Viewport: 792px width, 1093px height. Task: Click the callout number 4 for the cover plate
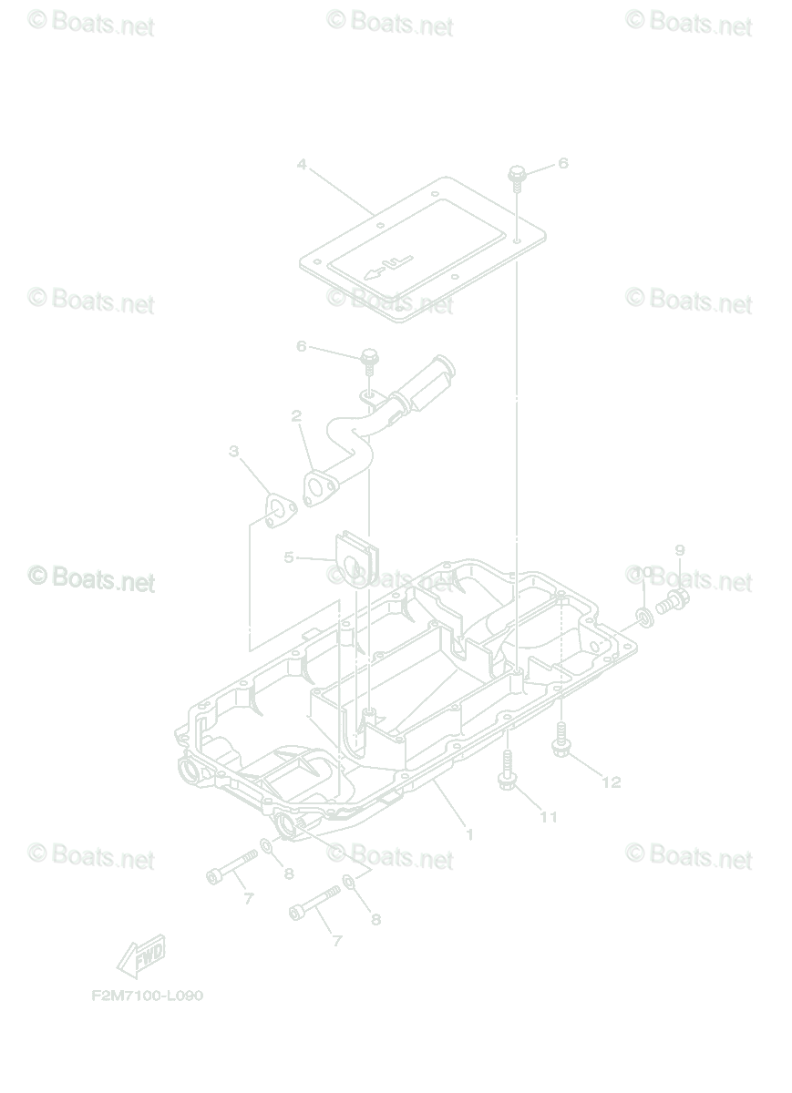coord(301,166)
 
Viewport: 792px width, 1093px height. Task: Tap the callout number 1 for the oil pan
coord(469,833)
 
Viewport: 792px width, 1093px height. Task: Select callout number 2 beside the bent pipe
coord(296,416)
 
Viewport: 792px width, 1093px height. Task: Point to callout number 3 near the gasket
coord(234,452)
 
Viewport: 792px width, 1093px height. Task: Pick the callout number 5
coord(289,557)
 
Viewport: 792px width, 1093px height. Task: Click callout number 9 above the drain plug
coord(679,550)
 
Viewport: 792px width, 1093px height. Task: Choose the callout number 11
coord(548,817)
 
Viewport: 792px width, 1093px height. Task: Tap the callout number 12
coord(611,782)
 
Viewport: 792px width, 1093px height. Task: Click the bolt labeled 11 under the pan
coord(507,770)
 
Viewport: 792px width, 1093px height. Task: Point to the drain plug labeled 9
coord(674,601)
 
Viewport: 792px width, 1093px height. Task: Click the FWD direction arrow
coord(141,955)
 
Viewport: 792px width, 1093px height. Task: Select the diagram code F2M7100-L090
coord(147,995)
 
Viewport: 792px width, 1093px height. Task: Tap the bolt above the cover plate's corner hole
coord(518,174)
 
